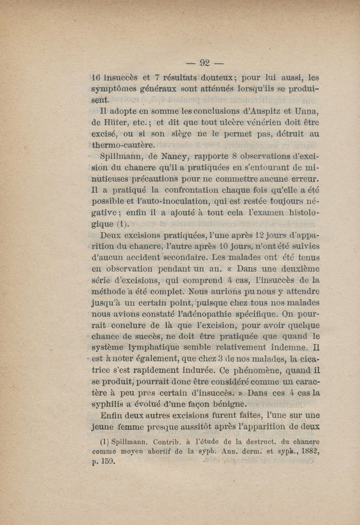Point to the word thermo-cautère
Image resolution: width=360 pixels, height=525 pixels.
coord(118,145)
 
